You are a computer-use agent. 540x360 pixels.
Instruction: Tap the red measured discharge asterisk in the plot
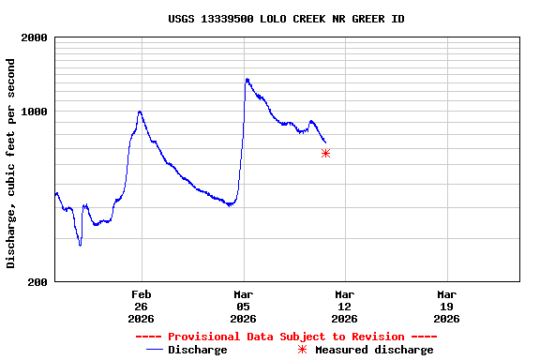[x=325, y=153]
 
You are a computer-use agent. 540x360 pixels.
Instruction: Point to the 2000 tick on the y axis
[x=35, y=37]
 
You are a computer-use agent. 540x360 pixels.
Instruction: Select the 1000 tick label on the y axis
[x=35, y=112]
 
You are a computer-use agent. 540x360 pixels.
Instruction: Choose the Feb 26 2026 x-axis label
[x=142, y=306]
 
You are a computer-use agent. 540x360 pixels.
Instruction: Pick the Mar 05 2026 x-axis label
[x=244, y=306]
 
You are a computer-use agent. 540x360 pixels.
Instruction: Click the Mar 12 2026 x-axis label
[x=345, y=306]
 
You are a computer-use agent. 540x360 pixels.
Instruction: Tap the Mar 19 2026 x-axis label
[x=447, y=306]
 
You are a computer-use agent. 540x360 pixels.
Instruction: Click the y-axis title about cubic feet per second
[x=11, y=163]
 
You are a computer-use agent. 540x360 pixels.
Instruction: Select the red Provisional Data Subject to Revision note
[x=286, y=337]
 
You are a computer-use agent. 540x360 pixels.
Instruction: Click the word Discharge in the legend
[x=197, y=350]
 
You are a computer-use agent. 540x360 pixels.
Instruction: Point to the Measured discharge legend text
[x=374, y=350]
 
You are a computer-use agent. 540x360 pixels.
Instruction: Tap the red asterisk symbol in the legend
[x=302, y=350]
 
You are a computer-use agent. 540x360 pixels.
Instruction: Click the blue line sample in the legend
[x=155, y=350]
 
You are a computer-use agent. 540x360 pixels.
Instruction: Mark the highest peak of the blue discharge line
[x=247, y=79]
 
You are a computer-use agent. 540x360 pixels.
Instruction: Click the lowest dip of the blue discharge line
[x=80, y=245]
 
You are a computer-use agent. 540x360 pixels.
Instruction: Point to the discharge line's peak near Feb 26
[x=140, y=112]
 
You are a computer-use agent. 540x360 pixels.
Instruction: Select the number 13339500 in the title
[x=232, y=19]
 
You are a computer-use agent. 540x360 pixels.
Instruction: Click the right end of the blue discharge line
[x=325, y=142]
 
